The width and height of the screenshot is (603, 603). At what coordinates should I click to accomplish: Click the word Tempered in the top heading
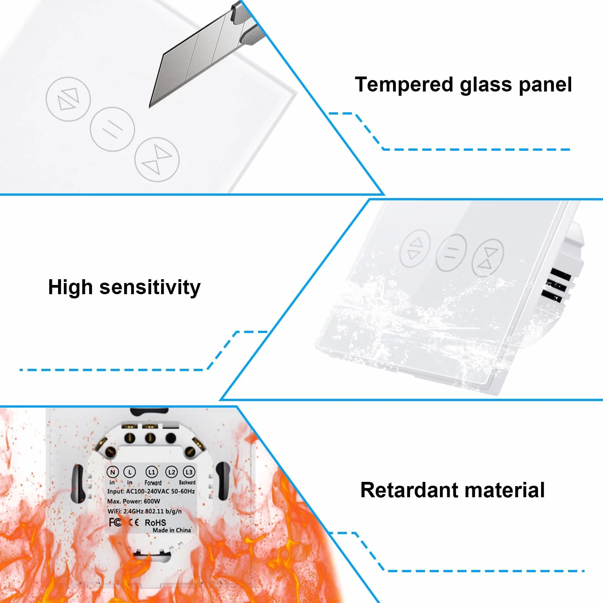coord(404,85)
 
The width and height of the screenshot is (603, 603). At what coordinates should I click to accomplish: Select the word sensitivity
coord(150,287)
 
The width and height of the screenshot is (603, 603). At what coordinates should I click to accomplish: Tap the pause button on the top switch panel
coord(112,129)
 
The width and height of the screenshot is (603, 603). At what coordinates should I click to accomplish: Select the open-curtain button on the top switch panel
coord(68,99)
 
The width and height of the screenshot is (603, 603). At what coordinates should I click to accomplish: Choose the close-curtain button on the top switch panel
coord(157,159)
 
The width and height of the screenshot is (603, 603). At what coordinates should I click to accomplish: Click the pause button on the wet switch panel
coord(451,253)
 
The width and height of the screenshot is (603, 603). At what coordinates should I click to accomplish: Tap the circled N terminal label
coord(112,472)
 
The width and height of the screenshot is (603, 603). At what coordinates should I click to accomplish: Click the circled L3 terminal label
coord(189,472)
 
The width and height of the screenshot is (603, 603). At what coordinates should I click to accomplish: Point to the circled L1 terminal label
coord(152,472)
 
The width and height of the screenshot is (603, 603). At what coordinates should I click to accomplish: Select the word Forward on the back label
coord(153,483)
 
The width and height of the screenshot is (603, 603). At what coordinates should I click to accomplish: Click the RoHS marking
coord(155,523)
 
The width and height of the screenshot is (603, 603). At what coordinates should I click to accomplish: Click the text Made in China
coord(172,530)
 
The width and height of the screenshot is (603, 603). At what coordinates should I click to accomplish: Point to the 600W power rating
coord(152,501)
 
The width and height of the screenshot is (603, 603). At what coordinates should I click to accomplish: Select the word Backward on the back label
coord(187,482)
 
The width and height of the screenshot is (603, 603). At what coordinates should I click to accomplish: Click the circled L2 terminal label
coord(171,472)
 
